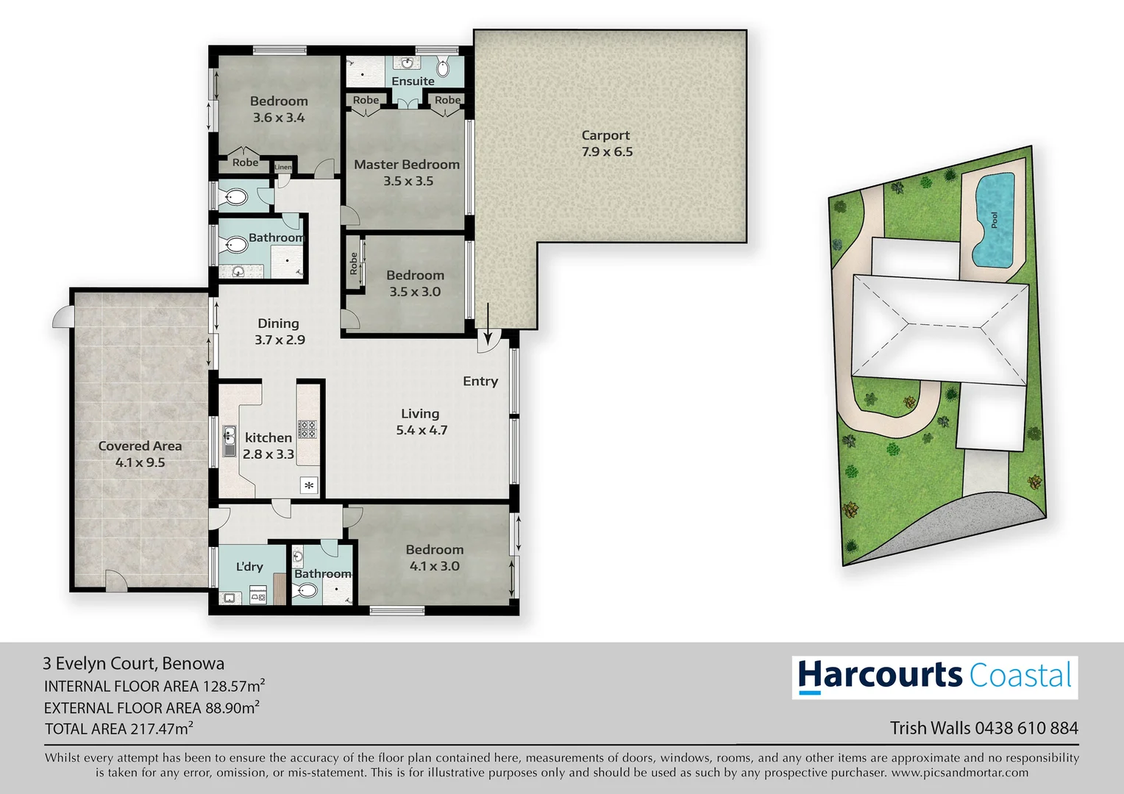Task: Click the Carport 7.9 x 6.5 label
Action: pyautogui.click(x=606, y=143)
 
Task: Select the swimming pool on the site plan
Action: pyautogui.click(x=994, y=219)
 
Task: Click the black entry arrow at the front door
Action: pyautogui.click(x=487, y=320)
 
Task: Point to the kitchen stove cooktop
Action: pyautogui.click(x=307, y=429)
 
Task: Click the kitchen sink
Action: pyautogui.click(x=230, y=440)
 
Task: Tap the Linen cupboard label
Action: pyautogui.click(x=283, y=167)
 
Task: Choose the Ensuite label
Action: pyautogui.click(x=413, y=81)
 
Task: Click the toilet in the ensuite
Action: pyautogui.click(x=443, y=68)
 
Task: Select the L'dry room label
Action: pyautogui.click(x=249, y=567)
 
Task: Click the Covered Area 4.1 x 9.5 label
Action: pyautogui.click(x=140, y=454)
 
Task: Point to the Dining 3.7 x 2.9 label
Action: pyautogui.click(x=279, y=332)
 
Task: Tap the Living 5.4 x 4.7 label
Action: pyautogui.click(x=421, y=421)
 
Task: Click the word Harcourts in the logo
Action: pyautogui.click(x=880, y=676)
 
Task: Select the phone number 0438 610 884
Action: pyautogui.click(x=1026, y=728)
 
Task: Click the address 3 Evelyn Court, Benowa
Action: pyautogui.click(x=133, y=663)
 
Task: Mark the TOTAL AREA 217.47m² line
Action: pyautogui.click(x=118, y=729)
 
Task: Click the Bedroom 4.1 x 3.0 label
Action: pyautogui.click(x=435, y=557)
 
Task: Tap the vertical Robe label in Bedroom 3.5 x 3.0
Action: pyautogui.click(x=354, y=263)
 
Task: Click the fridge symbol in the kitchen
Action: pyautogui.click(x=309, y=485)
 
